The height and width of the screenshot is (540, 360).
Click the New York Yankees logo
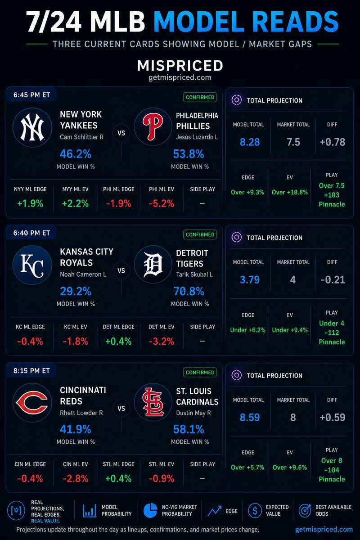32,127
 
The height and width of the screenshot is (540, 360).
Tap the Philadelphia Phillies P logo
153,127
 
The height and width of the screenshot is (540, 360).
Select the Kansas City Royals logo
32,265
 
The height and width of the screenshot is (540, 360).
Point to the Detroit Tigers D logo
153,265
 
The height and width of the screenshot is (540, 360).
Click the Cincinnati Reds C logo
32,403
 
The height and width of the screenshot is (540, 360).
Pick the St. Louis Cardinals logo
153,402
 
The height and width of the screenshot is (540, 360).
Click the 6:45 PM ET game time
31,95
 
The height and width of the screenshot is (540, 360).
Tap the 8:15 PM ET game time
31,370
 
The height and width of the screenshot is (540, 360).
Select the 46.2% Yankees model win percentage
76,154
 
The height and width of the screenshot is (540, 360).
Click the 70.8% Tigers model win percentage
189,291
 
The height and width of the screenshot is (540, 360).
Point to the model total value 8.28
250,142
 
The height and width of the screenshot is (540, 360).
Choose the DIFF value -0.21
333,279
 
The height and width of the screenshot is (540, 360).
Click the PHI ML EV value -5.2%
161,204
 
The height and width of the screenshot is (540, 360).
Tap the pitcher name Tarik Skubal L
194,274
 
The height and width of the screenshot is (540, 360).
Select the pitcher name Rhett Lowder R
81,413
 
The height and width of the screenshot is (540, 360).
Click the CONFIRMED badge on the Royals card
200,234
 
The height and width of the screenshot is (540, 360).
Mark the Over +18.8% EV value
290,192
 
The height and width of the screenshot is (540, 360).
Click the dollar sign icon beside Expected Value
255,510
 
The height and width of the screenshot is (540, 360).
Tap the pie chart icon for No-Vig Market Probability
150,510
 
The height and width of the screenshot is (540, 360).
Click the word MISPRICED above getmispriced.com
180,66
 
